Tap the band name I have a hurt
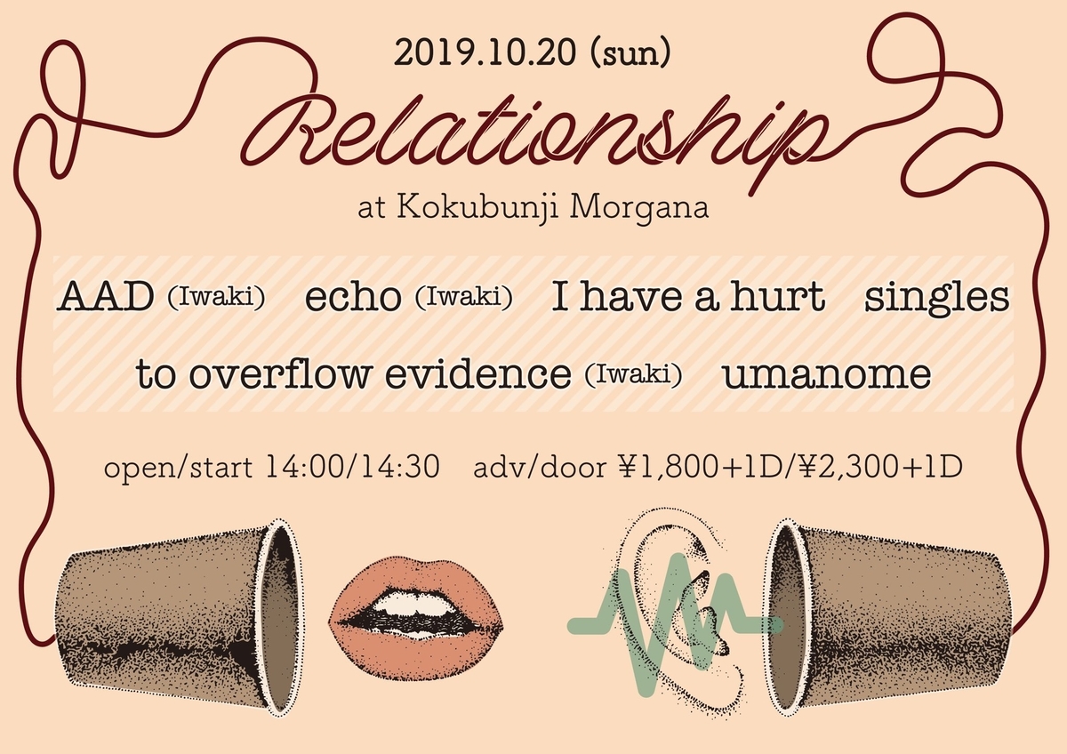click(688, 298)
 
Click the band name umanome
click(826, 374)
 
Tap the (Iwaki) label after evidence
click(633, 375)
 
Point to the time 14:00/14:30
click(353, 468)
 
